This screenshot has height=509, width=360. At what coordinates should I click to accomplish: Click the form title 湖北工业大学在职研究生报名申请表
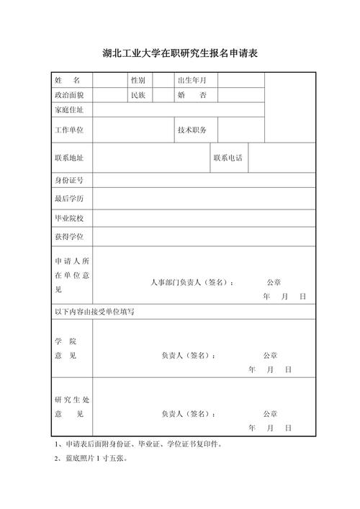180,53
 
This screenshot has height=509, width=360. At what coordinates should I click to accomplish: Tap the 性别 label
138,80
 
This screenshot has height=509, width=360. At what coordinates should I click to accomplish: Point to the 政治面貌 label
69,94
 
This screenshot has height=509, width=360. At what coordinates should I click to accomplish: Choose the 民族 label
138,94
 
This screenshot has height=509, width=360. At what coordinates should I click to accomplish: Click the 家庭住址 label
69,110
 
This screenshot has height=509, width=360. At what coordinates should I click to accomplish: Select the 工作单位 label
69,130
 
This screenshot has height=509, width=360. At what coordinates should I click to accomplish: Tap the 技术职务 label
192,130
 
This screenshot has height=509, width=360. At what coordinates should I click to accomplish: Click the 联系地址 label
69,158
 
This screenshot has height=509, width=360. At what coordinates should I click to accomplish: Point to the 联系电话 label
228,158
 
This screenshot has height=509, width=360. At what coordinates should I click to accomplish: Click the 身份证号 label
69,180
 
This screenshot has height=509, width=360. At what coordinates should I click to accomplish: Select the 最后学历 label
69,198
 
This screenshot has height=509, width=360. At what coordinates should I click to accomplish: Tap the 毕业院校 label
69,217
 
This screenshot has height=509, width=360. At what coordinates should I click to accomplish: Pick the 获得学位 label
69,236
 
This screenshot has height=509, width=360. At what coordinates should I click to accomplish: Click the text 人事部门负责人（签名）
192,282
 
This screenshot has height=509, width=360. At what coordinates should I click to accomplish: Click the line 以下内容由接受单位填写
94,312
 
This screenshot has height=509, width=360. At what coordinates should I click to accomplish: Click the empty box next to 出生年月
241,80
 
